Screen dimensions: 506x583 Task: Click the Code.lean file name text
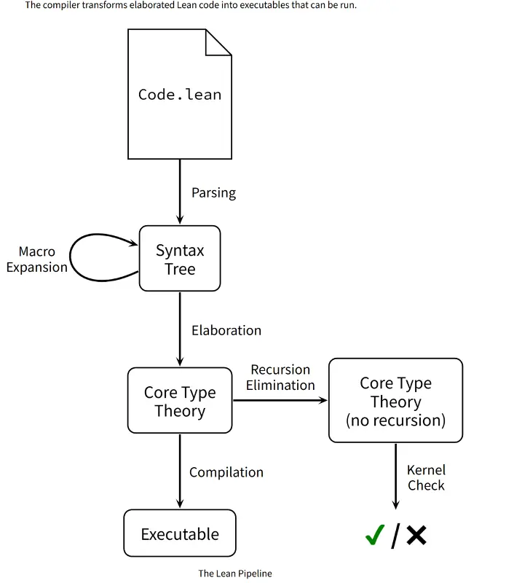(x=180, y=95)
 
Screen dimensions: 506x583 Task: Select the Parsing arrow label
(x=213, y=193)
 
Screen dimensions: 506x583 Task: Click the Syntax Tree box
(x=180, y=259)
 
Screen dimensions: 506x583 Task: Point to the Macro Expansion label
(x=37, y=259)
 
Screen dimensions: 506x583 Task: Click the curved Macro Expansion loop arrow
(x=71, y=258)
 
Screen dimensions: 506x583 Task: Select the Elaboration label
(x=226, y=331)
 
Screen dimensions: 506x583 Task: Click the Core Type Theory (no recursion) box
(x=395, y=400)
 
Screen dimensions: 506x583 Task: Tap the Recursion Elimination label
(x=280, y=377)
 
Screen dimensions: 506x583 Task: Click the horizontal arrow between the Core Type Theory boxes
(x=280, y=400)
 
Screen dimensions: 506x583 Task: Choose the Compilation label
(x=226, y=472)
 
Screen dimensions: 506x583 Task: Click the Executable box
(x=180, y=533)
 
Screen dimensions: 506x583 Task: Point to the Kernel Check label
(x=426, y=478)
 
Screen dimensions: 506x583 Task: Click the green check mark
(x=375, y=535)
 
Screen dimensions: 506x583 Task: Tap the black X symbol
(x=416, y=535)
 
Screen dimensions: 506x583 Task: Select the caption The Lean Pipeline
(x=235, y=574)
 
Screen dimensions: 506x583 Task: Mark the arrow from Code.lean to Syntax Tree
(x=180, y=192)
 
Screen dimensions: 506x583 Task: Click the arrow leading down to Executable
(x=180, y=471)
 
